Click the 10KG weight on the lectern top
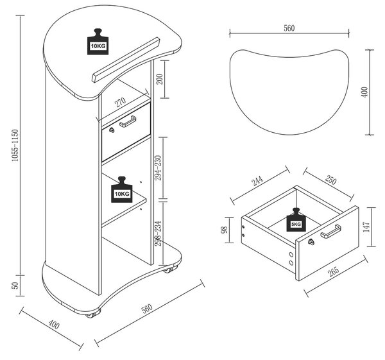(x=98, y=42)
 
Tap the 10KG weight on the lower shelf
(x=122, y=189)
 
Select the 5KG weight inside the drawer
(x=296, y=219)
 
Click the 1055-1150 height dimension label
(x=15, y=146)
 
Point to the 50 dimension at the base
(x=15, y=286)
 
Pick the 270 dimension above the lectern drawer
(x=121, y=102)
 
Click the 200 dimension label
(x=160, y=79)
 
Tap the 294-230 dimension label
(x=158, y=168)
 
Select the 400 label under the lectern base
(x=54, y=324)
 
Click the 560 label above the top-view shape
(x=289, y=28)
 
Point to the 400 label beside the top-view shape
(x=365, y=92)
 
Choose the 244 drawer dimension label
(x=257, y=180)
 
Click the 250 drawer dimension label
(x=330, y=180)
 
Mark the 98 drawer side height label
(x=225, y=230)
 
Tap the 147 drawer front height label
(x=366, y=227)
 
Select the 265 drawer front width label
(x=334, y=271)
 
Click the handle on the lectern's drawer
(x=128, y=121)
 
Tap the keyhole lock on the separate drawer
(x=311, y=242)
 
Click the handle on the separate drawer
(x=330, y=231)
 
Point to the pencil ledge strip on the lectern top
(x=126, y=60)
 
